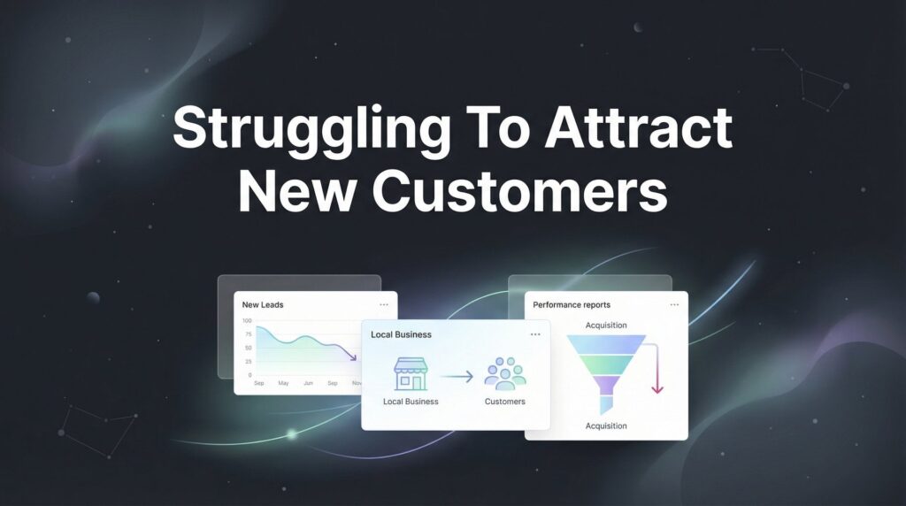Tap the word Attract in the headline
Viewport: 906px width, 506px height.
(637, 129)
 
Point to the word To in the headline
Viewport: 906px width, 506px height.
(485, 129)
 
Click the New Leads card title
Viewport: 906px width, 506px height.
(263, 304)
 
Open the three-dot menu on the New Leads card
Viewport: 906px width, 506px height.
(383, 304)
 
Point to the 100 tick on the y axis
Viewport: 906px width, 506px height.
(247, 321)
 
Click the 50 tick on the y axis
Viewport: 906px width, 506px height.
(248, 348)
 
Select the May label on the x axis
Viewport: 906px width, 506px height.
(283, 383)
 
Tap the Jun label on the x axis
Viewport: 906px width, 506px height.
(308, 383)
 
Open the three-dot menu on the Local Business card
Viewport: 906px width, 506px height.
(535, 334)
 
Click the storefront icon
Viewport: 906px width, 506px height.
(411, 374)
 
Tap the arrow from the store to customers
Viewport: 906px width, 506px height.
(457, 377)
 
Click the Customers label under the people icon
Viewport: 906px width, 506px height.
(505, 402)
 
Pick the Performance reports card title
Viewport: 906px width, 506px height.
(572, 305)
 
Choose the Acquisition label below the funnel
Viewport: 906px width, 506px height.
(606, 426)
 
